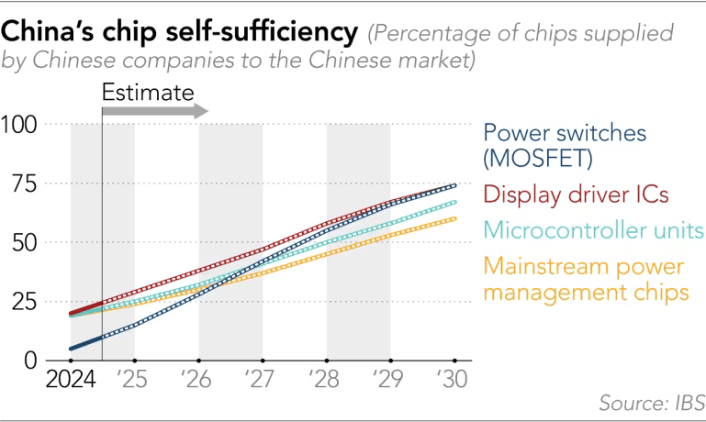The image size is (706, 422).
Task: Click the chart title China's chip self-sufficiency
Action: point(180,33)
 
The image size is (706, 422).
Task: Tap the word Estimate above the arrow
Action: point(148,92)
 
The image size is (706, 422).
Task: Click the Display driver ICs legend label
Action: point(575,194)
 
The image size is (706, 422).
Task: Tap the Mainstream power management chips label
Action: point(585,280)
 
